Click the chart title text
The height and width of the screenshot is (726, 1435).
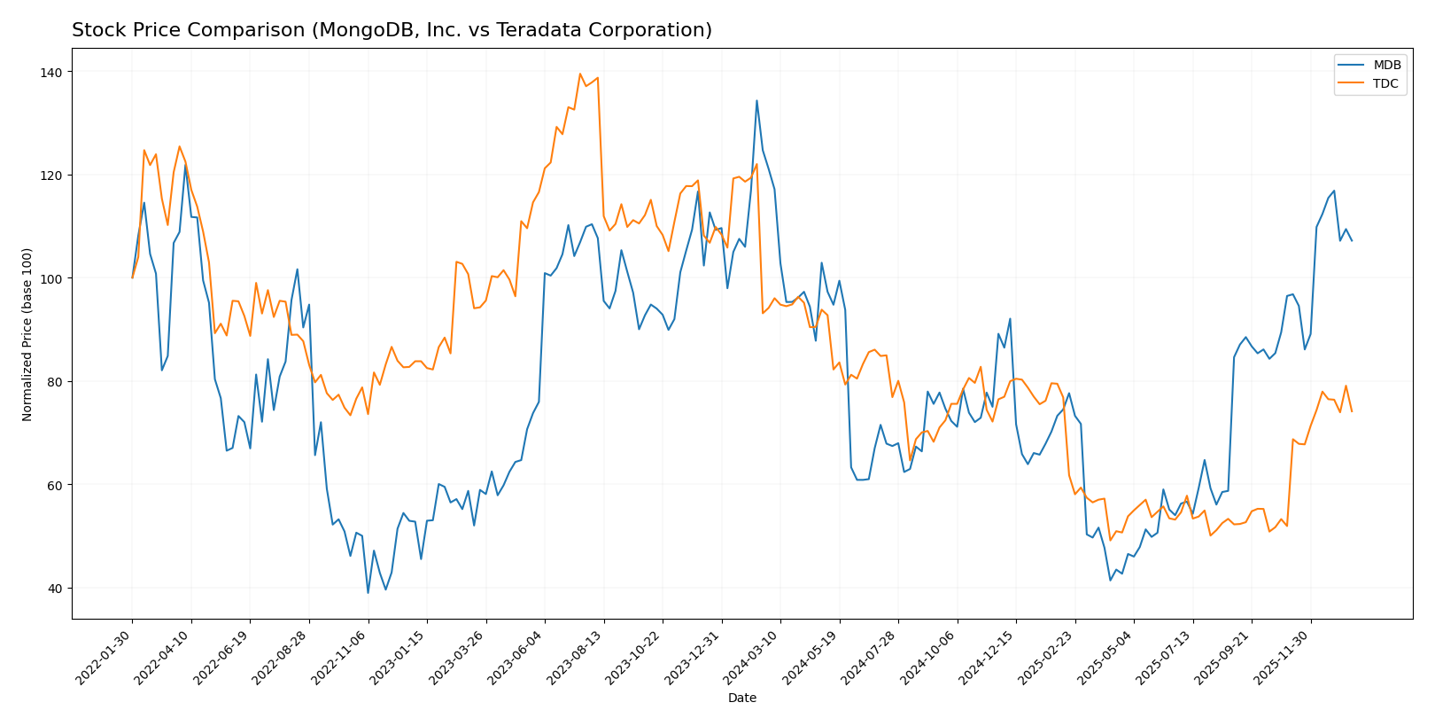tap(392, 30)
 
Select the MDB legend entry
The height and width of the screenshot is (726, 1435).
tap(1386, 66)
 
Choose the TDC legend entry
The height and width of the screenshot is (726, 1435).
tap(1385, 84)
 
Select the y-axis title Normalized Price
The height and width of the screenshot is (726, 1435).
tap(27, 334)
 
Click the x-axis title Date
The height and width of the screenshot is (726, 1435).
tap(741, 699)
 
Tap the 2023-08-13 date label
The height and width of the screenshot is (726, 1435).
tap(578, 657)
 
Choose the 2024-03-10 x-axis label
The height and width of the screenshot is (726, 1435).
tap(754, 657)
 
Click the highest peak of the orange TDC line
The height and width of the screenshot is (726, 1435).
tap(580, 74)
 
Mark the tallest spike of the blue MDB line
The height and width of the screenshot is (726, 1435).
tap(756, 100)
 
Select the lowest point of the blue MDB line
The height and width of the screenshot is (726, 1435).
tap(368, 593)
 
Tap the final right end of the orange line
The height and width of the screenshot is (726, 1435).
tap(1352, 411)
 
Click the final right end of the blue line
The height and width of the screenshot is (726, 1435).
tap(1352, 240)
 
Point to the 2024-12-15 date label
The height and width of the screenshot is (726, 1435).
tap(989, 657)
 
